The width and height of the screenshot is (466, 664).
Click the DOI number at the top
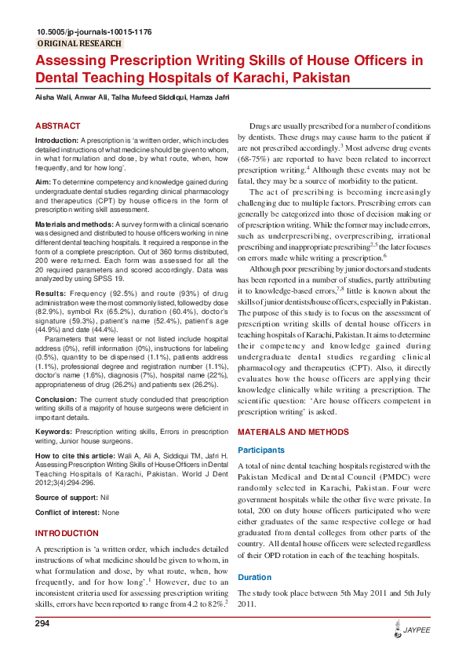[x=94, y=32]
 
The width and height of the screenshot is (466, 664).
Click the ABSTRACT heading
[x=57, y=126]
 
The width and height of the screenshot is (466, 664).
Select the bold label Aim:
[x=44, y=182]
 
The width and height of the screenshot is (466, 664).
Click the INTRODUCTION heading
[x=67, y=533]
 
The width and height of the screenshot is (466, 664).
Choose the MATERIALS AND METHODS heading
[x=293, y=432]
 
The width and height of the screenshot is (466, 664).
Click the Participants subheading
[x=263, y=450]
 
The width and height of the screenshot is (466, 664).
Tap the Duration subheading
[x=256, y=577]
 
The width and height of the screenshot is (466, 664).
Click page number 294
[x=43, y=623]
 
